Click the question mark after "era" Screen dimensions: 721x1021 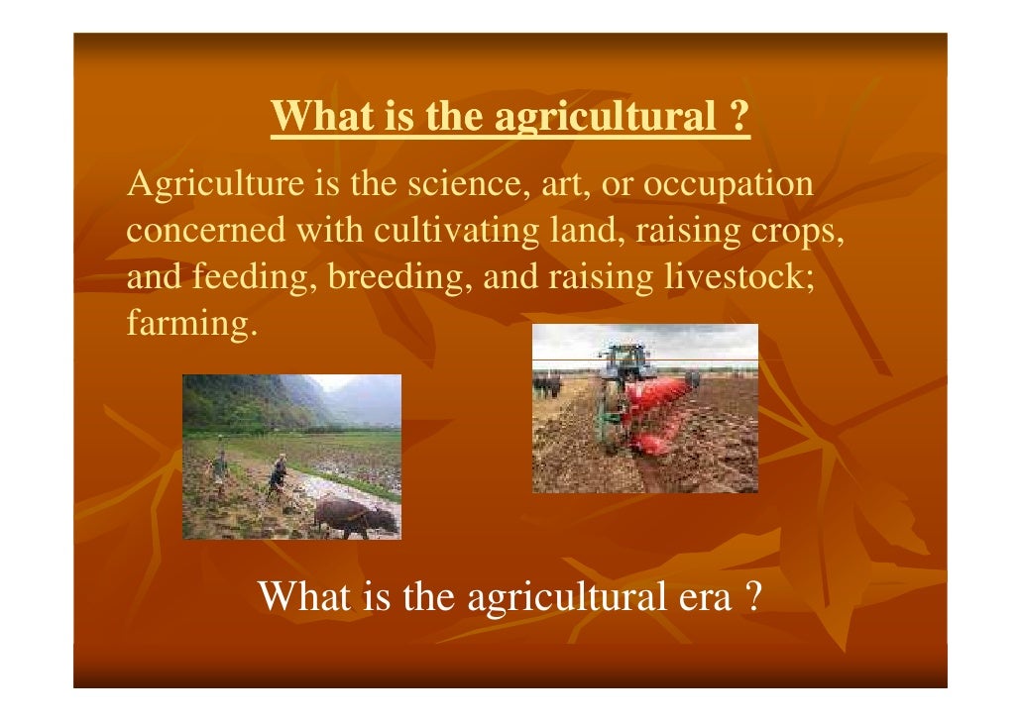(751, 596)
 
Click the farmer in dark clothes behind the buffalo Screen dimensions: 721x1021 (279, 475)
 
